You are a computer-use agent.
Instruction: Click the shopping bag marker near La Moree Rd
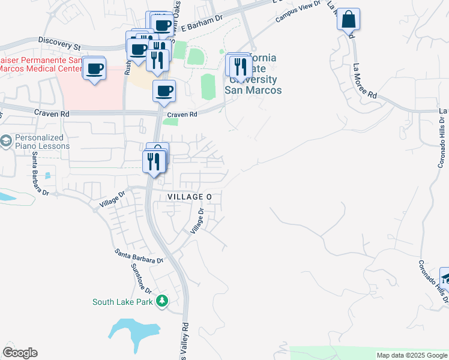(348, 19)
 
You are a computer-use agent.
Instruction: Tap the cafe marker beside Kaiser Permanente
(95, 68)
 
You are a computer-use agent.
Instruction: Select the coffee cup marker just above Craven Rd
(164, 91)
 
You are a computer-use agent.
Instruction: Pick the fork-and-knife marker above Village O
(154, 161)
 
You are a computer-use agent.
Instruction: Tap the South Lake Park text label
(122, 302)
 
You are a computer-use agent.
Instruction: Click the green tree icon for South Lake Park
(161, 301)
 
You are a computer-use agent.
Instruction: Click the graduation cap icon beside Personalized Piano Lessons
(6, 142)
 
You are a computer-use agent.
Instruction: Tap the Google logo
(20, 353)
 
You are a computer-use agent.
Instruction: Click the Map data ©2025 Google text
(411, 355)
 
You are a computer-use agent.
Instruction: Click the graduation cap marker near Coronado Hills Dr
(445, 278)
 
